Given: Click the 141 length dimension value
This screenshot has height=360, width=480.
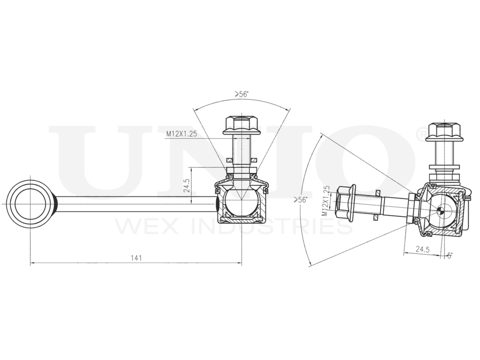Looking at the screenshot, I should [136, 258].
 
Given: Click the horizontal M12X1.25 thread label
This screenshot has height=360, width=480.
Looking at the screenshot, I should [182, 134].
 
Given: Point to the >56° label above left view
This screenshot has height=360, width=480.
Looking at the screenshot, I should [241, 95].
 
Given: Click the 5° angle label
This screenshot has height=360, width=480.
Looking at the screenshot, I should [449, 256].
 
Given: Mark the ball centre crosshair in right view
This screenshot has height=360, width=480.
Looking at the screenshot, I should [441, 209].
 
